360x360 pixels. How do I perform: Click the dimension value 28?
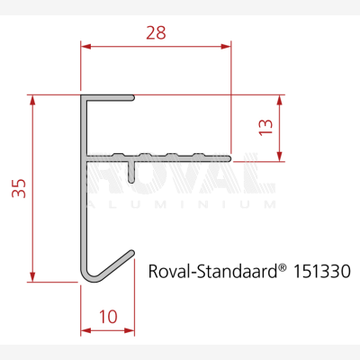pyautogui.click(x=156, y=32)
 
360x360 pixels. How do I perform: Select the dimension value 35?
pyautogui.click(x=19, y=188)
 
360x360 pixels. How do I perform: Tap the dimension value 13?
pyautogui.click(x=265, y=127)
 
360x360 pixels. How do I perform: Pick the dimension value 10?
pyautogui.click(x=108, y=317)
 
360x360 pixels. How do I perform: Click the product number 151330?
pyautogui.click(x=321, y=271)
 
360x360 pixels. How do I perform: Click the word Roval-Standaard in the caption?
pyautogui.click(x=212, y=271)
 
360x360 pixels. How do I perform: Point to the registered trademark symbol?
pyautogui.click(x=282, y=266)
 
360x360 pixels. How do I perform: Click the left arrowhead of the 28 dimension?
pyautogui.click(x=85, y=47)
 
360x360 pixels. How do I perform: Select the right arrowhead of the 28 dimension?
pyautogui.click(x=226, y=47)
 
